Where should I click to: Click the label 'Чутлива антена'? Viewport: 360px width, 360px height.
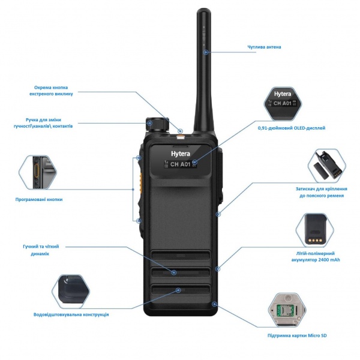tap(264, 47)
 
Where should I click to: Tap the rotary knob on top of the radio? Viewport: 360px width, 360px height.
tap(159, 123)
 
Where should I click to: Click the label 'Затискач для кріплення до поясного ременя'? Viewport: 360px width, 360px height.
tap(324, 192)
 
